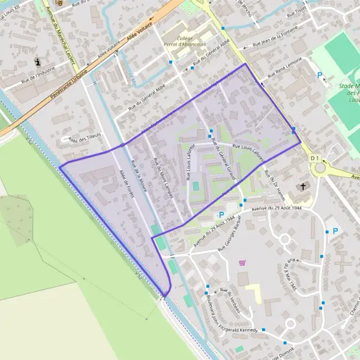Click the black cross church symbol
point(304,186)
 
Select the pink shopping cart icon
point(242,262)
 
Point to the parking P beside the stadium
point(320,76)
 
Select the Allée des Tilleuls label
point(83,139)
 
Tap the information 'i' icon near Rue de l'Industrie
point(39,62)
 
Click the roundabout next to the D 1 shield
point(319,168)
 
